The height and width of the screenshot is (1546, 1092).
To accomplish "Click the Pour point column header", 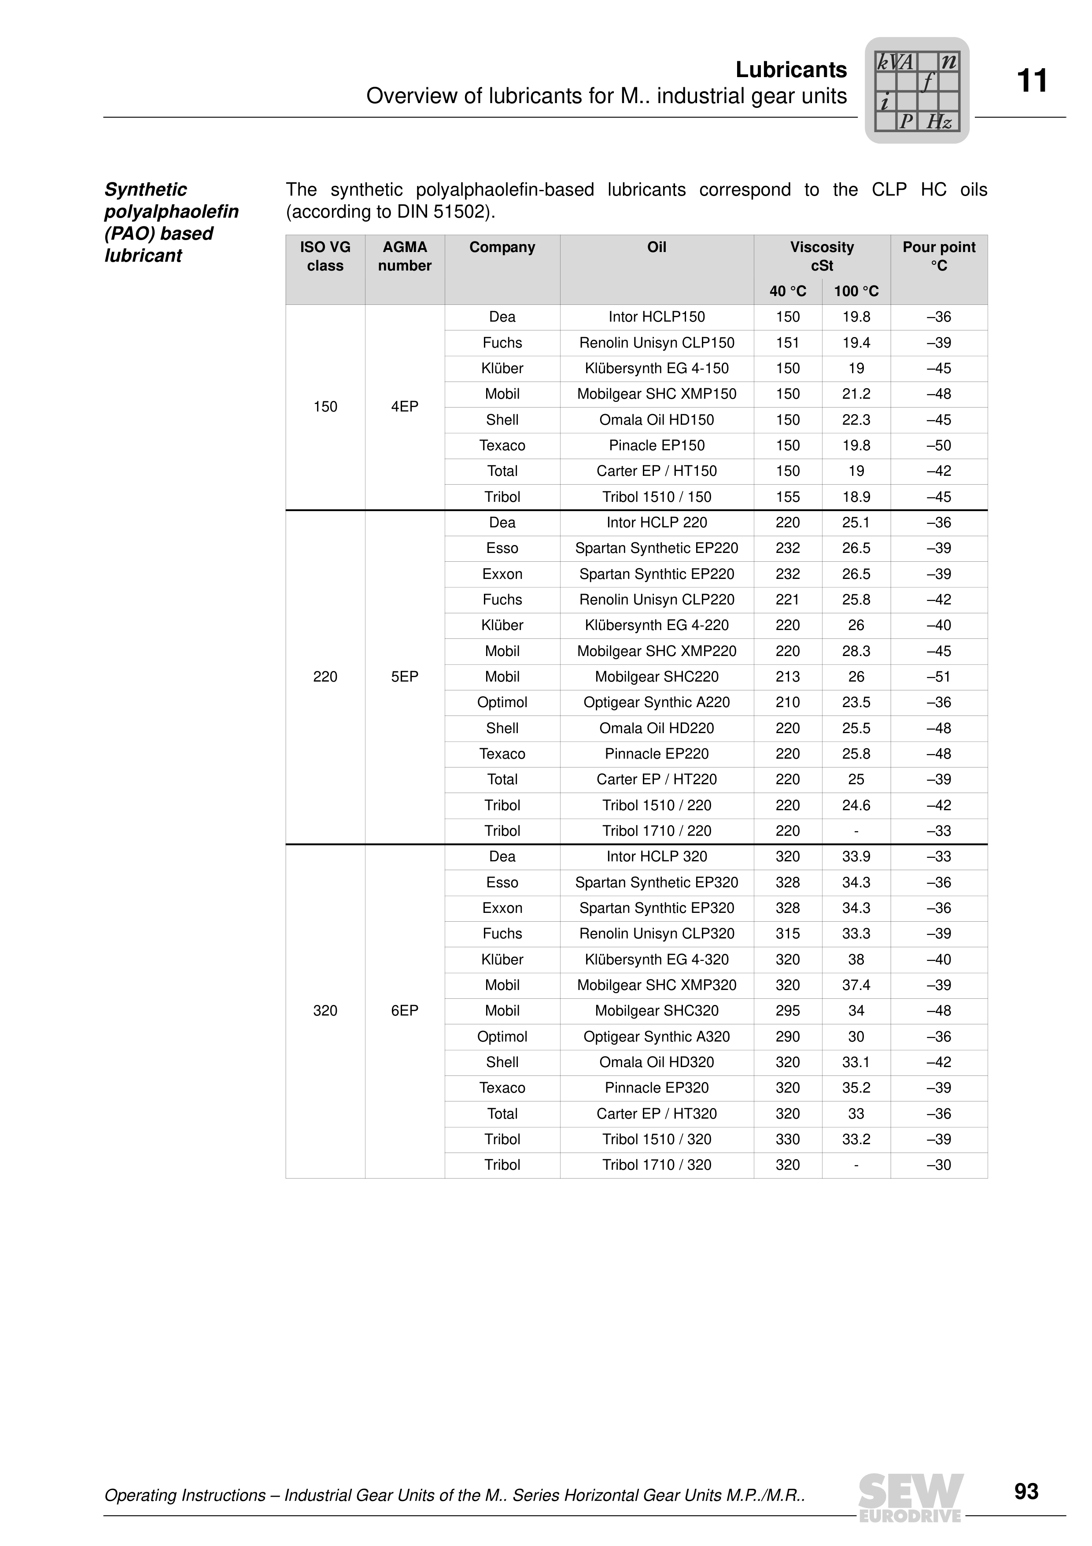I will [x=939, y=256].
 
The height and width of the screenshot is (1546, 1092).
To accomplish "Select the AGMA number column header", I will [x=404, y=256].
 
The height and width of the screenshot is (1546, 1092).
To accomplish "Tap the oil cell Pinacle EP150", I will [x=656, y=446].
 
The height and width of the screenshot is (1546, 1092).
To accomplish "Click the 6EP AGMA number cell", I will [x=404, y=1011].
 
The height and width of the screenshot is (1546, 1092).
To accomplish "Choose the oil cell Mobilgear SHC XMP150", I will [x=656, y=394].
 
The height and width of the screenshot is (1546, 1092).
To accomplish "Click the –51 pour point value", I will [x=939, y=677].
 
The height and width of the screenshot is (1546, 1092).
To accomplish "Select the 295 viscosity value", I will [x=787, y=1011].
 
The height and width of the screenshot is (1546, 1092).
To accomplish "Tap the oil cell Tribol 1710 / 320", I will [x=656, y=1165].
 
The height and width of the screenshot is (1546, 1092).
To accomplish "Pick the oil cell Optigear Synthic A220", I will [x=656, y=702].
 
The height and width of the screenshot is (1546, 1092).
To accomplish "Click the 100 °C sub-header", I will [x=856, y=292].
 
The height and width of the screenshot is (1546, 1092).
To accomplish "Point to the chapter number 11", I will [x=1031, y=82].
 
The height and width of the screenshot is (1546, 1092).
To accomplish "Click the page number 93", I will [x=1026, y=1491].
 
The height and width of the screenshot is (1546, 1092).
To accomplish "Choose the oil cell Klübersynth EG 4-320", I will [x=656, y=960].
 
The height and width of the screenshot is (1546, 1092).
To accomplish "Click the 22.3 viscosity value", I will [x=856, y=420].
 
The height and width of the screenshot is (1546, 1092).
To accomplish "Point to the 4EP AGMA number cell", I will [x=404, y=407].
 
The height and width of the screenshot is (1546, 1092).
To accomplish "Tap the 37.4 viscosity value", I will [x=856, y=985].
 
